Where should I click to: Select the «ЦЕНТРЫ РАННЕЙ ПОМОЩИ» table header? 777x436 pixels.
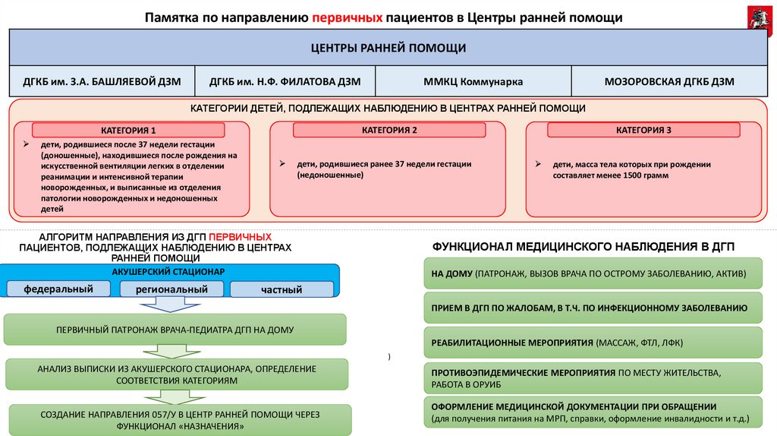[x=388, y=48]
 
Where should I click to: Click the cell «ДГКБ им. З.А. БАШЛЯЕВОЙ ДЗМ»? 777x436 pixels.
[x=102, y=81]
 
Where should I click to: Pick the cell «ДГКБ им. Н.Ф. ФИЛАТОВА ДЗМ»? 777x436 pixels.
[x=285, y=81]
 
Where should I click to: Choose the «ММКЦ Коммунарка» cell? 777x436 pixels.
[x=473, y=81]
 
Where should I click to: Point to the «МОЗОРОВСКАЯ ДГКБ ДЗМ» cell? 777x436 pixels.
[x=668, y=81]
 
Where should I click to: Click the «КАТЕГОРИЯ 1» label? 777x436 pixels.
[x=128, y=130]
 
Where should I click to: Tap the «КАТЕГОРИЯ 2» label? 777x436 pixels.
[x=389, y=130]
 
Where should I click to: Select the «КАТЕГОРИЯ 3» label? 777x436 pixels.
[x=643, y=130]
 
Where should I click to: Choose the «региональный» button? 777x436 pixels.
[x=172, y=289]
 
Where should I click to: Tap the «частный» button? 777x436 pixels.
[x=282, y=289]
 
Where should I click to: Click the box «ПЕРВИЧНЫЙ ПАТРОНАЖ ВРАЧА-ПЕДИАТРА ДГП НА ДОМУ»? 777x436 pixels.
[x=175, y=330]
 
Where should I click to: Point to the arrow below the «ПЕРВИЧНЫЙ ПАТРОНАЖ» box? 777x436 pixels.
[x=174, y=351]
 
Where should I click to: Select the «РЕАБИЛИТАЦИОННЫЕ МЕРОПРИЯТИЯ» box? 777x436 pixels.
[x=593, y=343]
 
